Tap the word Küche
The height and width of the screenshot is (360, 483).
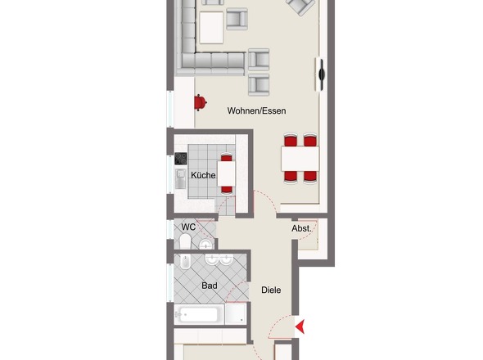click(203, 175)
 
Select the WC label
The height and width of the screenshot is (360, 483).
click(188, 227)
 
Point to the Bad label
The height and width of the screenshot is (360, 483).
click(209, 286)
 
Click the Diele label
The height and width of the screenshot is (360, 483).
click(271, 290)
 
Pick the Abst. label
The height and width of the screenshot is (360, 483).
click(301, 229)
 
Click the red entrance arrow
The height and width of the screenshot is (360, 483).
click(301, 326)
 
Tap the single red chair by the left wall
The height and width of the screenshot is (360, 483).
click(199, 101)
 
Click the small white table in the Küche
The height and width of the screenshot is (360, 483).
click(226, 173)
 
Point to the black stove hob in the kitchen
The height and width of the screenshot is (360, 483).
click(181, 160)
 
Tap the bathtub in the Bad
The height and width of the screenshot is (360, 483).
click(199, 314)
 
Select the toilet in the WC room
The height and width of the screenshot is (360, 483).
click(184, 242)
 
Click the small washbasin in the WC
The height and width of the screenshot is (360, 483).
click(205, 245)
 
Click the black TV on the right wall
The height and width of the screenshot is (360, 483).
click(320, 74)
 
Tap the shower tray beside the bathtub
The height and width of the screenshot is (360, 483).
click(237, 314)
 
